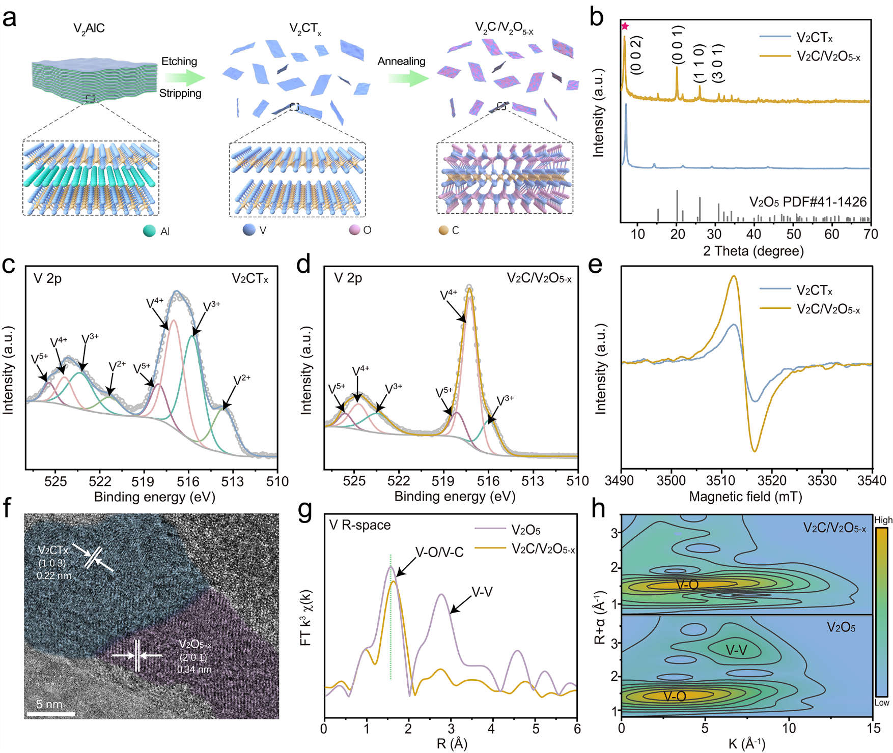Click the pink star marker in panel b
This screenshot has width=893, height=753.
click(x=625, y=26)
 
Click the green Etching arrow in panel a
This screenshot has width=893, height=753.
click(x=185, y=78)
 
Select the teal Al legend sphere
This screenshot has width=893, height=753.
click(x=149, y=231)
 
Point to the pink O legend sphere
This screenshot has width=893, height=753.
click(x=355, y=230)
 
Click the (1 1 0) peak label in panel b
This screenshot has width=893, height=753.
click(x=700, y=63)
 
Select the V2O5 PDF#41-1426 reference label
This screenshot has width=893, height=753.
click(x=807, y=202)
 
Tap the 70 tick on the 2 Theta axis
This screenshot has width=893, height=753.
click(x=871, y=234)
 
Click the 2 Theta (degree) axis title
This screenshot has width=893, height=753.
click(x=753, y=251)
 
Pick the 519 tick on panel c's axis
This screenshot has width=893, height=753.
click(x=143, y=481)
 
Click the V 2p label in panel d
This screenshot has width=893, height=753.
click(x=348, y=278)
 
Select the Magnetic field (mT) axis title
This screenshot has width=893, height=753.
click(x=745, y=497)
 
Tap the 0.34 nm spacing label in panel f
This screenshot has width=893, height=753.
click(x=194, y=669)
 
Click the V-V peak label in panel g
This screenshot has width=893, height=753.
click(x=482, y=592)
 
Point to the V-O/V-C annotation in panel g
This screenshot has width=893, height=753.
click(x=439, y=552)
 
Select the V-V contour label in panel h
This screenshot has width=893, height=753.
click(x=736, y=650)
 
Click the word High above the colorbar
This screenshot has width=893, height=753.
click(x=883, y=520)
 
